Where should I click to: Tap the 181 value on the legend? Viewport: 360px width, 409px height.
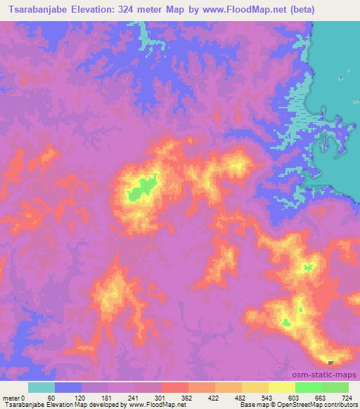(x=106, y=398)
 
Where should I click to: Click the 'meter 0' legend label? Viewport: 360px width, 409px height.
(x=15, y=398)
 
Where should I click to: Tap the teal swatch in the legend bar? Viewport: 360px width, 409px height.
(x=41, y=387)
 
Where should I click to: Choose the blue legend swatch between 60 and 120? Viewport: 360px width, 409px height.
(x=68, y=387)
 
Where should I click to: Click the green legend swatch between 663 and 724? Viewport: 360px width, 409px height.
(x=335, y=387)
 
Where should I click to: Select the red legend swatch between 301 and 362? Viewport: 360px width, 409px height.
(x=174, y=387)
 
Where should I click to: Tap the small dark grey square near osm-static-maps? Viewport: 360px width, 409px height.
(x=331, y=363)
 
